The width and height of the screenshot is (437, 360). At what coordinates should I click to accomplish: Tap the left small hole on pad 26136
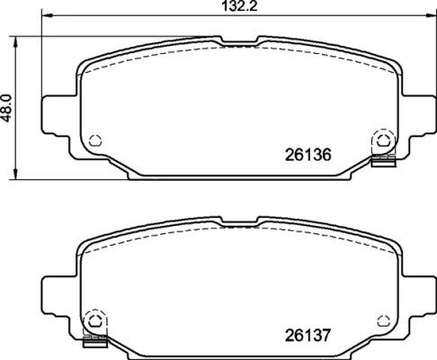point(96,140)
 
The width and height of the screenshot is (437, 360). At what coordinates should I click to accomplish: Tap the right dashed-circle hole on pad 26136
point(382,140)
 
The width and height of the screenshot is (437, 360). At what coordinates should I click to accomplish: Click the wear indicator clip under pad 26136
point(384,162)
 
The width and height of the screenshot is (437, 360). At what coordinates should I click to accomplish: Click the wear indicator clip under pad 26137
point(93,342)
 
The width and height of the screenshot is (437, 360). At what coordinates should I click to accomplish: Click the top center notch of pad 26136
point(239,41)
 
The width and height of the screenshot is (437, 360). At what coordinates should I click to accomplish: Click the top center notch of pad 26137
point(239,220)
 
